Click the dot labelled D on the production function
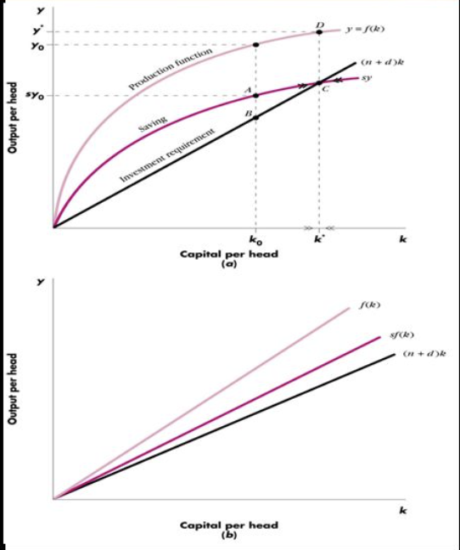[x=318, y=32]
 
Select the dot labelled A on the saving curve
[x=256, y=95]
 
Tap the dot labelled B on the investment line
[x=256, y=117]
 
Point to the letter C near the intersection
[x=325, y=90]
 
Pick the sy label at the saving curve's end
[x=367, y=77]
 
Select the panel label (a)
[x=228, y=264]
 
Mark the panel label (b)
[x=227, y=536]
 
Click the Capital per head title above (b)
[x=228, y=525]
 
